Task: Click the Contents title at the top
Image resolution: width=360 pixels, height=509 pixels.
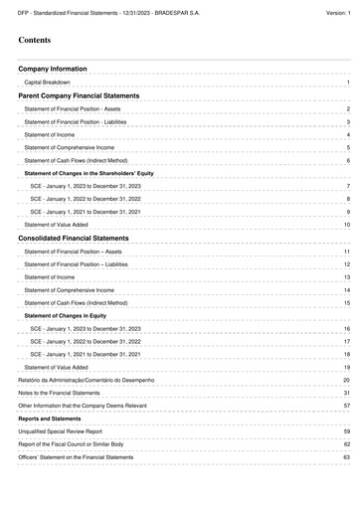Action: tap(35, 41)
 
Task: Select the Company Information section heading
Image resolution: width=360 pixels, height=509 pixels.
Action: tap(59, 70)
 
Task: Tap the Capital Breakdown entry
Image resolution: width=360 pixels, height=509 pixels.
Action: tap(53, 83)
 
